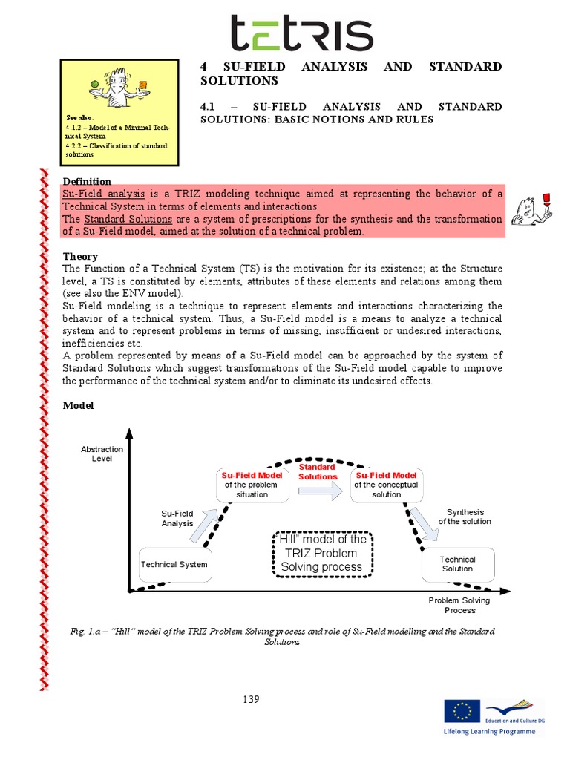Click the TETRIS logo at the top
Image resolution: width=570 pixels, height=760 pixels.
(301, 34)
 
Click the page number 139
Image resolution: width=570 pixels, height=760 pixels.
(251, 699)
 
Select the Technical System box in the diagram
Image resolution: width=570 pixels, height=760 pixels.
(174, 565)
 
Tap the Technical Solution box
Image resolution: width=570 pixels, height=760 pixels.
(457, 564)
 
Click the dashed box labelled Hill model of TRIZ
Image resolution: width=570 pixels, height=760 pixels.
(323, 554)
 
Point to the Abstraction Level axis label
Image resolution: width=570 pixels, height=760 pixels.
(102, 454)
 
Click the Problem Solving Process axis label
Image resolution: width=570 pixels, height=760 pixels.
(459, 605)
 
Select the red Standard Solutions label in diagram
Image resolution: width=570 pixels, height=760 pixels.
(318, 472)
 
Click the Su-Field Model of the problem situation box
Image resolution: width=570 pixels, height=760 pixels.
(252, 485)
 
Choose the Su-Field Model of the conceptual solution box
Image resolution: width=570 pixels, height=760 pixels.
(386, 485)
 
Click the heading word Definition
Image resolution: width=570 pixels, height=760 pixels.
(87, 182)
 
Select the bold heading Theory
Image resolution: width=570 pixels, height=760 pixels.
(80, 257)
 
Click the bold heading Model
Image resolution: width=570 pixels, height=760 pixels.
(78, 405)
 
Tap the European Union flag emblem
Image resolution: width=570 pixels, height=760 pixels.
(462, 710)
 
